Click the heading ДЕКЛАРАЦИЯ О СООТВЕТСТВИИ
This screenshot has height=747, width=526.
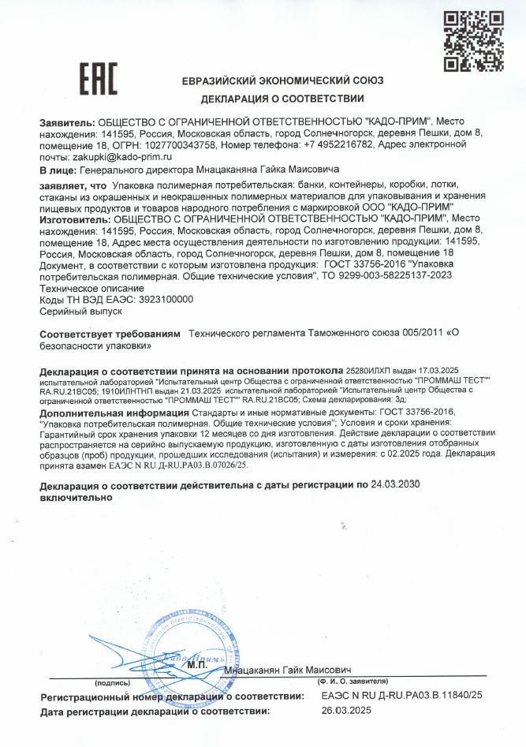(282, 99)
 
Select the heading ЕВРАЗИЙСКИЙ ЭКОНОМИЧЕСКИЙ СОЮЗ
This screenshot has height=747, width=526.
(282, 81)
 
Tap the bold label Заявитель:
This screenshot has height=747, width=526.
(66, 123)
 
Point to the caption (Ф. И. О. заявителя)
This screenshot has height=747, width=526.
(353, 680)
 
